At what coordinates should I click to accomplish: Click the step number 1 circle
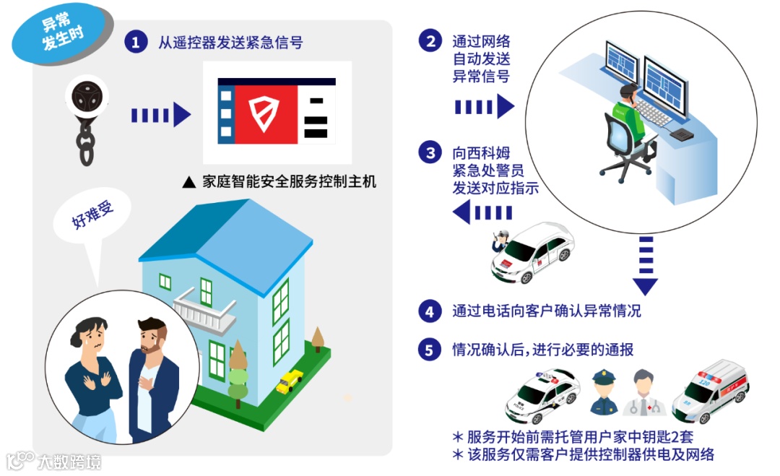point(136,42)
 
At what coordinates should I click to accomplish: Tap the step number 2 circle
point(430,41)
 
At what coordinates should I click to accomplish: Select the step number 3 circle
point(430,153)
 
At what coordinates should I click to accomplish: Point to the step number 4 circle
point(430,311)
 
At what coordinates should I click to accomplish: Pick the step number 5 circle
point(430,350)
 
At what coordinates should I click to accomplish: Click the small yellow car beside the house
point(290,380)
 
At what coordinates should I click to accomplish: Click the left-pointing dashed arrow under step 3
point(482,212)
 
